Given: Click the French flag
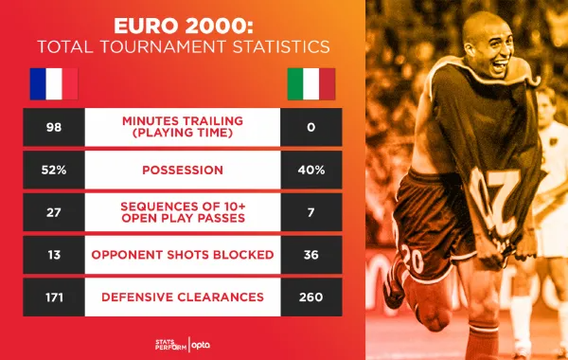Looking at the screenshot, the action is [54, 83].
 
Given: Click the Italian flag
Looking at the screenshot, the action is [311, 83].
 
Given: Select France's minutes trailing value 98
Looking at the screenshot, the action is [54, 127].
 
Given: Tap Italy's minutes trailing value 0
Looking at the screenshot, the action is [311, 127].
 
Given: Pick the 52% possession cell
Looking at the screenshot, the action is [54, 170].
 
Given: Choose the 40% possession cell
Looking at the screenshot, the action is [311, 170].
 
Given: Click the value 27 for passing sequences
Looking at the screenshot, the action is [54, 212].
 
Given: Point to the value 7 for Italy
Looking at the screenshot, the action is [311, 212].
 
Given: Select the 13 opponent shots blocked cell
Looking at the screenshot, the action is [54, 255].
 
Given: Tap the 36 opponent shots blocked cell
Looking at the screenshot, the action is [311, 255].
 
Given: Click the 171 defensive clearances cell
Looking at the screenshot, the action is [54, 297].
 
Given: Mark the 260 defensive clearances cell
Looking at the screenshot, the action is [311, 297].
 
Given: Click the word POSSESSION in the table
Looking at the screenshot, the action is [183, 170].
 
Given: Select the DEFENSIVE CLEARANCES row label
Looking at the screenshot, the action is [183, 297].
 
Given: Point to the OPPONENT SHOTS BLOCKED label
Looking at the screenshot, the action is [183, 255].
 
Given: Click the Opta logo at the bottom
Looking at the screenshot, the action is [201, 345].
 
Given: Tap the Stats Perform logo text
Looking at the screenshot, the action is [171, 345].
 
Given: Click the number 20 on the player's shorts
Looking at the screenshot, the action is [412, 259].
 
